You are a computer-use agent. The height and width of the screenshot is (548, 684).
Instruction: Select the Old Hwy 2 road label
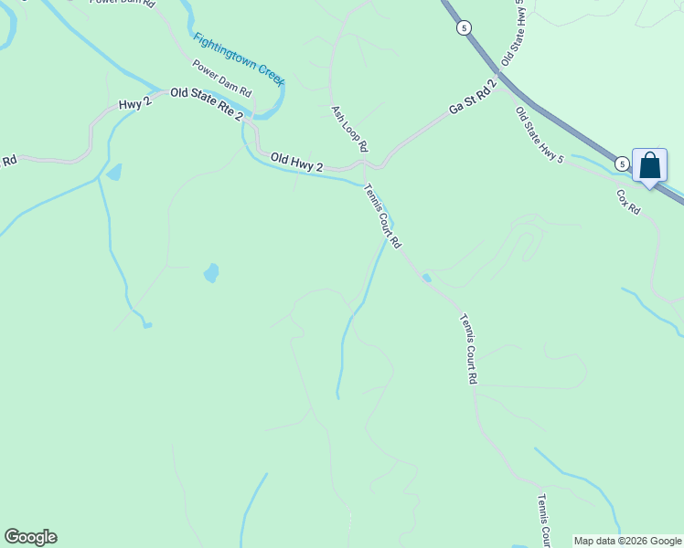point(296,163)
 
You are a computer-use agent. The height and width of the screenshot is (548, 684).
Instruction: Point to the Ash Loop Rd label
point(349,128)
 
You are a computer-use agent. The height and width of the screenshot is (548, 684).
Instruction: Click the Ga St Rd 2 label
point(472,98)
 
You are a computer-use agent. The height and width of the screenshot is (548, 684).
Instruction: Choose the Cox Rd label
point(627,201)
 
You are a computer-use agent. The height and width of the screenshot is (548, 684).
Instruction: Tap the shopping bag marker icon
point(649,165)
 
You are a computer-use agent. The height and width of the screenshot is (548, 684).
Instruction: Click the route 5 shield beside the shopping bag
point(622,164)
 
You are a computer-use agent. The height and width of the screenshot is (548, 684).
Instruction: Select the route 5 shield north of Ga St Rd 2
point(465,28)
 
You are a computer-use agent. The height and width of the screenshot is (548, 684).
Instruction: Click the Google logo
point(30,537)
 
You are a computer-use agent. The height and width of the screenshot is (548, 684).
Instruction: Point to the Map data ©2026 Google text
point(628,541)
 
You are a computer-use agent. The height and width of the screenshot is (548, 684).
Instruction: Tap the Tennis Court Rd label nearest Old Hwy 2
point(382,217)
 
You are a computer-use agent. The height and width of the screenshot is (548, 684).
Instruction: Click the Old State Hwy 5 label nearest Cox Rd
point(540,135)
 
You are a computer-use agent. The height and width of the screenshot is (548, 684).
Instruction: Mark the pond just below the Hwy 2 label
point(114,172)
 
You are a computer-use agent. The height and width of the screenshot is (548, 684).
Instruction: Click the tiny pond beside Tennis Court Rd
point(427,279)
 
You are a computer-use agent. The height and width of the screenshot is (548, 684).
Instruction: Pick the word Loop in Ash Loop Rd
point(350,127)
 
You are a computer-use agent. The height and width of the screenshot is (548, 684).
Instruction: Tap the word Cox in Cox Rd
point(623,196)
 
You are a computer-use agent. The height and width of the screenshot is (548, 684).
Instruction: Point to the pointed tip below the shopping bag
point(649,187)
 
